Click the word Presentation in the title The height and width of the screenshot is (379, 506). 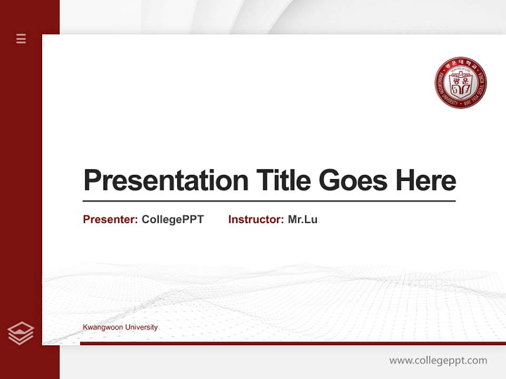coord(166,181)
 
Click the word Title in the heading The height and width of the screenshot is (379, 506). coord(284,181)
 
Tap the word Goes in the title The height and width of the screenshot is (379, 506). coord(353,181)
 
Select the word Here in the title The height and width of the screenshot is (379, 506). coord(425,181)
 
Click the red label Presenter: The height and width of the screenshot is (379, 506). coord(110,220)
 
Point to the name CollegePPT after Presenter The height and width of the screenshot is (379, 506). coord(172,220)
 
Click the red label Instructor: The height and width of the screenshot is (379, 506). coord(256,220)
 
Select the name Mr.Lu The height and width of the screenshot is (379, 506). coord(303,220)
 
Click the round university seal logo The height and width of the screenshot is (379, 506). coord(461,83)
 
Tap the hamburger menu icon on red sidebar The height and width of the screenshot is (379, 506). coord(21,38)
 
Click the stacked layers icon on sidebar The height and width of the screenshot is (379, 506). coord(21,333)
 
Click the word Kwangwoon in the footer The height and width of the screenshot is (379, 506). coord(103,327)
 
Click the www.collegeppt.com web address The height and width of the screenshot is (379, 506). coord(438,361)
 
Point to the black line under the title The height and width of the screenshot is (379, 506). coord(269,201)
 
